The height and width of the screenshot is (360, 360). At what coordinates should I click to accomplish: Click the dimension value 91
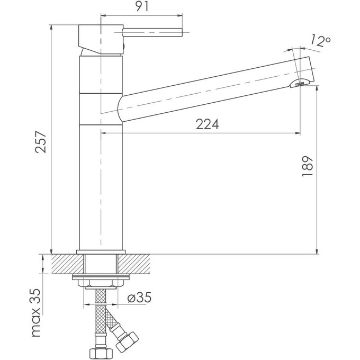click(x=142, y=6)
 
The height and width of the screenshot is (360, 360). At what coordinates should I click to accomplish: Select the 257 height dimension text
click(x=41, y=142)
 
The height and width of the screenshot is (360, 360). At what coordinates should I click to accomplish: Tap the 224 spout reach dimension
click(x=208, y=124)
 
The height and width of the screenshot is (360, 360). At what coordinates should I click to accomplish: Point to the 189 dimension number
click(x=307, y=166)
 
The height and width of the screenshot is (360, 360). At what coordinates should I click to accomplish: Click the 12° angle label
click(x=321, y=41)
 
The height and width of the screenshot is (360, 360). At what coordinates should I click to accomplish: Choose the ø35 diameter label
click(x=139, y=298)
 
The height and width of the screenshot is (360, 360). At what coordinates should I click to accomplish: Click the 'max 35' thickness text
click(x=36, y=312)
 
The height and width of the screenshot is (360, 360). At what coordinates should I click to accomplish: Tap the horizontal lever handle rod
click(x=152, y=32)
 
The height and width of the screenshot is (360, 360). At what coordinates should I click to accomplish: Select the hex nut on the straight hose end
click(x=101, y=354)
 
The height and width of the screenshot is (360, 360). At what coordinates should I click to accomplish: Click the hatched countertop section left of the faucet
click(x=68, y=264)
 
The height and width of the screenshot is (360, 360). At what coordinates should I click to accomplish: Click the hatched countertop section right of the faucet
click(x=134, y=264)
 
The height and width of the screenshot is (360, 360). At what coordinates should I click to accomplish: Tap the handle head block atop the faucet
click(x=101, y=39)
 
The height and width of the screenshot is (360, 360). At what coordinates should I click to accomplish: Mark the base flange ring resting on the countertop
click(x=101, y=252)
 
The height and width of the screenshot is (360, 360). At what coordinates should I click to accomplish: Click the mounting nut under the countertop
click(x=101, y=283)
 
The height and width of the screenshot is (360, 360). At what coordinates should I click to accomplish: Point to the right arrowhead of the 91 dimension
click(x=180, y=15)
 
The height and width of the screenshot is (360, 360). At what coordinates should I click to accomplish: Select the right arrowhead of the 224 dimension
click(x=298, y=133)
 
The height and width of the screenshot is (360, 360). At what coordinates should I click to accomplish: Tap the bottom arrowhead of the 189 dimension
click(x=317, y=251)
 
